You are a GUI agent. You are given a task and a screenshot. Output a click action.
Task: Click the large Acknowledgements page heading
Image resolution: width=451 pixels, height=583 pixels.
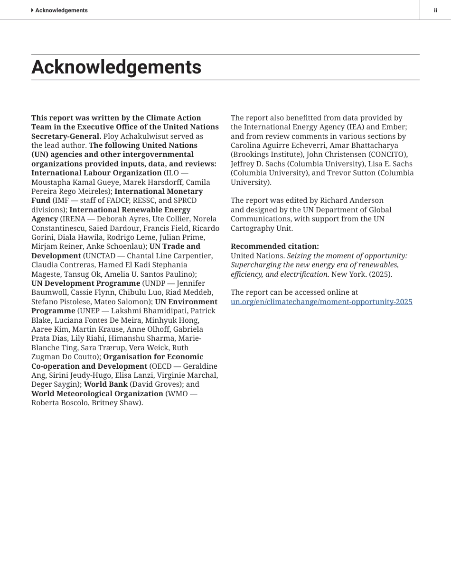[116, 67]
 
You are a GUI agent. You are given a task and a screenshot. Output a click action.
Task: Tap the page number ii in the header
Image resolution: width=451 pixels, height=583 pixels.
[435, 10]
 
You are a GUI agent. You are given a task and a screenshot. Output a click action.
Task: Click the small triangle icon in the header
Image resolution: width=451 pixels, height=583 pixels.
[32, 10]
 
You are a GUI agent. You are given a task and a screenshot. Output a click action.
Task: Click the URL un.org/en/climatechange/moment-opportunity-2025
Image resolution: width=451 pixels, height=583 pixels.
[321, 302]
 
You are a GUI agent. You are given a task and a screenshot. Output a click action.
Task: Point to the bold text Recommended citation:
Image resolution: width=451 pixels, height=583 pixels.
[274, 246]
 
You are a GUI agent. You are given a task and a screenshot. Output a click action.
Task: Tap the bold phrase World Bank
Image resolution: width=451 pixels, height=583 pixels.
[105, 384]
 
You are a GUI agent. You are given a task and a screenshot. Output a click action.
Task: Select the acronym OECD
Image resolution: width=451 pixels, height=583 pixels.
[161, 366]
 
